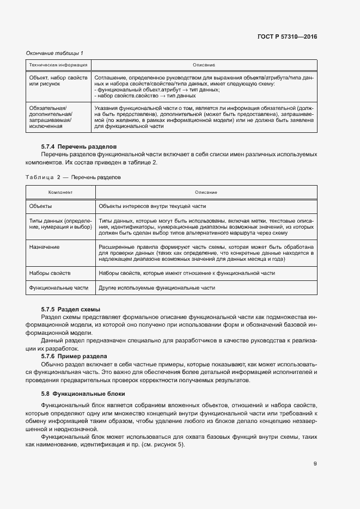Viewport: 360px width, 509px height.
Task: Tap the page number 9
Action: click(315, 464)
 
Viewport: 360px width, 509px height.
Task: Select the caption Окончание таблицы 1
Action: click(54, 53)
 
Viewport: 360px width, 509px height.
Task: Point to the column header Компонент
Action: click(60, 193)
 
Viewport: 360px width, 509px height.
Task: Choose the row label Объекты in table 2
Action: click(41, 206)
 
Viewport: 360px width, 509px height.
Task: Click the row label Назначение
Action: click(45, 247)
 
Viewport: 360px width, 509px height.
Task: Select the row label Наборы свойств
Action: click(50, 272)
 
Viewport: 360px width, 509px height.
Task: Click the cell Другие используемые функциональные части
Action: click(157, 287)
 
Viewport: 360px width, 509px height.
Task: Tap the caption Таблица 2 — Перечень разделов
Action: click(74, 177)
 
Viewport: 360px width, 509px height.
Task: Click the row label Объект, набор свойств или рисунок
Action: click(58, 81)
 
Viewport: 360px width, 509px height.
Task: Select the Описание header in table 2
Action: click(206, 193)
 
